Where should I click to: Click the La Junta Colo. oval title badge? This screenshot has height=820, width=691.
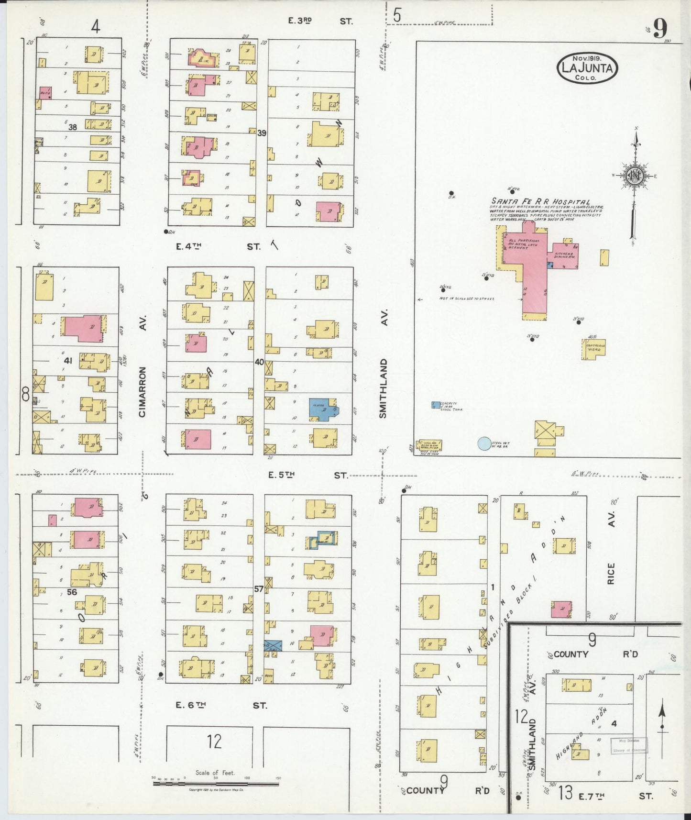(587, 68)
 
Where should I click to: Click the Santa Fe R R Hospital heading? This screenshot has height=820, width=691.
(540, 202)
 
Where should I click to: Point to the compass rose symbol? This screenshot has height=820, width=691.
(635, 176)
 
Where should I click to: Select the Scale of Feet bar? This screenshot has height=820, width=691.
(216, 784)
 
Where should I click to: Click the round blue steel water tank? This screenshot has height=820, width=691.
(484, 443)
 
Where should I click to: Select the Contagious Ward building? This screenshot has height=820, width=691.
(594, 347)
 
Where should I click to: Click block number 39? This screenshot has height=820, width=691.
(262, 133)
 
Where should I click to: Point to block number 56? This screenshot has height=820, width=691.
(72, 592)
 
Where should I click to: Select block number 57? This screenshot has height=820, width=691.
(259, 589)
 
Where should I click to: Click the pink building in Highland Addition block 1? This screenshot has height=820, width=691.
(561, 609)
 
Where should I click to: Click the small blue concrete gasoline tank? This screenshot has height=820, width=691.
(436, 405)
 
